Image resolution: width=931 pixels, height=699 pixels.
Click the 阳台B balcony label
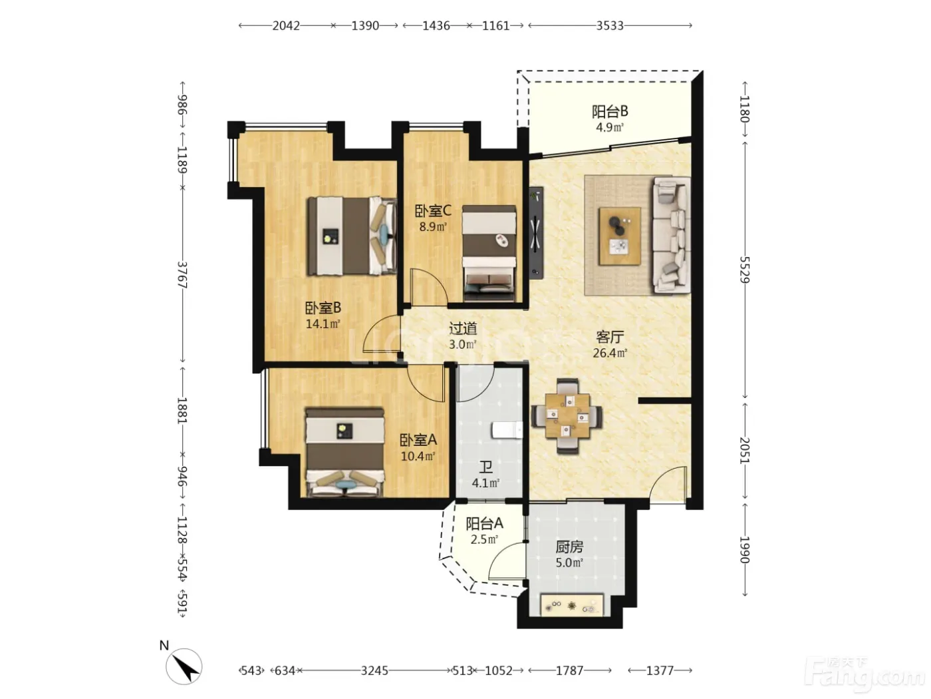(x=610, y=112)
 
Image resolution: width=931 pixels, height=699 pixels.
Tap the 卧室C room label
(x=433, y=210)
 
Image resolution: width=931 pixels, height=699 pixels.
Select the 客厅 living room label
(x=610, y=337)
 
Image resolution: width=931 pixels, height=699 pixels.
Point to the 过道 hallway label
(x=463, y=328)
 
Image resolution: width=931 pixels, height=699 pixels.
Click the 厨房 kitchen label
(x=569, y=547)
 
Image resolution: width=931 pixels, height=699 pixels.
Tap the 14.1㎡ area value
(x=323, y=324)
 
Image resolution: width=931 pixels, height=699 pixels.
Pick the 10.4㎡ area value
(x=418, y=457)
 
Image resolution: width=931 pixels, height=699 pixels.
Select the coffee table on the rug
(x=620, y=236)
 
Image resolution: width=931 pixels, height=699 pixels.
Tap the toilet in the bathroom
(x=507, y=430)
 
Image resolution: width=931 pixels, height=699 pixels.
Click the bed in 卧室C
(x=489, y=254)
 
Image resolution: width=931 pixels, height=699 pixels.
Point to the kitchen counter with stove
(x=572, y=605)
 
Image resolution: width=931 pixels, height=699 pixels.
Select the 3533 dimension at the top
(x=610, y=26)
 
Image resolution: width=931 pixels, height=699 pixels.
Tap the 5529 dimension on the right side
(x=744, y=270)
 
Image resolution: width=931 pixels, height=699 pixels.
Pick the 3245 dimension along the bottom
(x=374, y=671)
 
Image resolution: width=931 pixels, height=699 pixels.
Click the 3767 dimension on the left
(x=182, y=275)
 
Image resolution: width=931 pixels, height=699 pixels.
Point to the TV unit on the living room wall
(x=536, y=232)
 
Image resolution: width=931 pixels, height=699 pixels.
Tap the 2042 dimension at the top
(x=286, y=26)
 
